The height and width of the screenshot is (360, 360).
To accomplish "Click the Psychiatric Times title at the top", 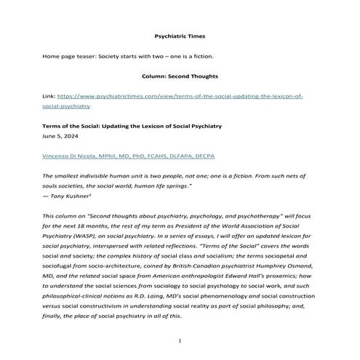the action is point(179,35).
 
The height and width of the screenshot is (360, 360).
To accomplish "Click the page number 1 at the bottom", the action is point(180,342).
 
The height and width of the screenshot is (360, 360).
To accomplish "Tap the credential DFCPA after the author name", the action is point(201,156).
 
